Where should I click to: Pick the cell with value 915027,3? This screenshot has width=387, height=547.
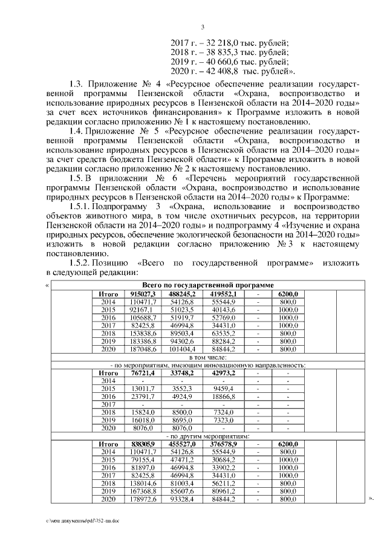(143, 293)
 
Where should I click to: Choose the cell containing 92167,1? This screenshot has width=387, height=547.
(143, 309)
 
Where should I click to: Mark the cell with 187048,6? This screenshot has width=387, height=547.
(143, 349)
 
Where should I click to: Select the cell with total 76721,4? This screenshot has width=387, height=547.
(143, 373)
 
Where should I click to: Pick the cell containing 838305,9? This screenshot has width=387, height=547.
(143, 444)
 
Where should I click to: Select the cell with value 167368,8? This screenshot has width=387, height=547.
(143, 491)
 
